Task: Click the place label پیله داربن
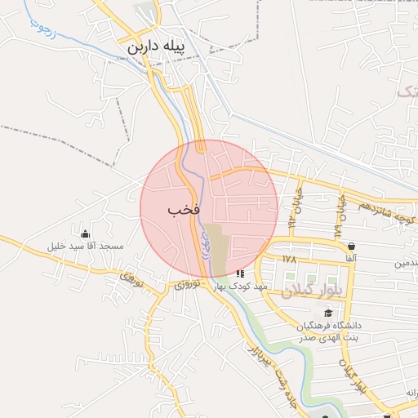point(156,48)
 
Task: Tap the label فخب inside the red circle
point(184,210)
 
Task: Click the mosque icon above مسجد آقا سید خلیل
point(85,233)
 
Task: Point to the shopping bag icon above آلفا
point(351,246)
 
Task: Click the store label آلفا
point(351,257)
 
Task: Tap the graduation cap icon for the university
point(328,313)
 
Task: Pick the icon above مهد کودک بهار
point(240,274)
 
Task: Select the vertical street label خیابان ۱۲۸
point(337,219)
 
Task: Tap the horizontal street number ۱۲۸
point(288,258)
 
